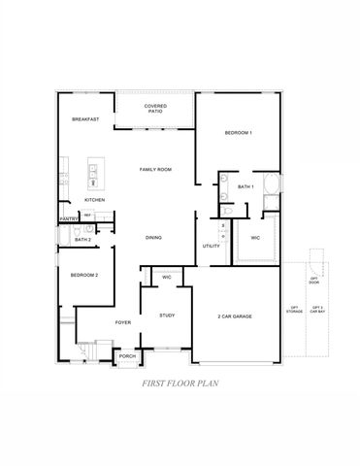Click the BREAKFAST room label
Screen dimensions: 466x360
point(85,119)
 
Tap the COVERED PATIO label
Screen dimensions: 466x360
point(154,109)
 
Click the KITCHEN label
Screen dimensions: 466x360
point(94,200)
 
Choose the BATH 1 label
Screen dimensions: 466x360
point(245,186)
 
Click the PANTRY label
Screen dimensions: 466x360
point(68,219)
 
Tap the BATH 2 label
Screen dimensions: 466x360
point(82,238)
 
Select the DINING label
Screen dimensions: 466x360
point(153,238)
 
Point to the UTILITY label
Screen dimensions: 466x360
point(212,247)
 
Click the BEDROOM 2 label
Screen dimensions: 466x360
point(84,276)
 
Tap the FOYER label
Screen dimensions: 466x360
point(123,321)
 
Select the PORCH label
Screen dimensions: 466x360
point(127,356)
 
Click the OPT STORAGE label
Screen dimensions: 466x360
point(293,311)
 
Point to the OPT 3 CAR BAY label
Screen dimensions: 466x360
point(317,311)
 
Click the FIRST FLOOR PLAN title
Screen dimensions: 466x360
point(180,383)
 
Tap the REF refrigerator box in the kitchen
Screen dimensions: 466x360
point(87,215)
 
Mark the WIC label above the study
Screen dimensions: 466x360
point(167,278)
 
